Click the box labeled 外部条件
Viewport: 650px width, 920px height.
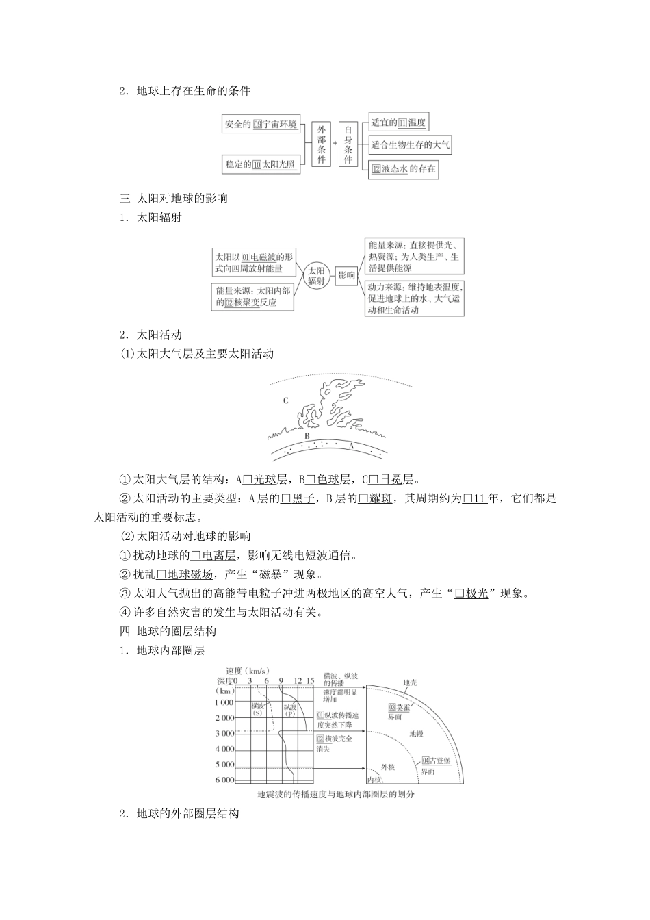tap(322, 144)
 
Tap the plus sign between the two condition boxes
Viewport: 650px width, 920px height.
tap(335, 143)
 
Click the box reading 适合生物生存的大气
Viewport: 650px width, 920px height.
tap(410, 145)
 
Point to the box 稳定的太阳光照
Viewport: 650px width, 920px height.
tap(261, 164)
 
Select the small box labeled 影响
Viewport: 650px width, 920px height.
tap(346, 276)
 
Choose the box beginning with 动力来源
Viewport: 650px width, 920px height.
tap(414, 298)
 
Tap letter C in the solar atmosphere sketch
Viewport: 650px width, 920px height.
tap(285, 400)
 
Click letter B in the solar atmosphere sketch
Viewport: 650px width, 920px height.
tap(307, 435)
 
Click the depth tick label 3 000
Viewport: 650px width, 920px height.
tap(224, 733)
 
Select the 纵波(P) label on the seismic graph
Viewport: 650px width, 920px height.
tap(290, 709)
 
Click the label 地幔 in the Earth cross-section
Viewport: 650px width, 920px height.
tap(416, 734)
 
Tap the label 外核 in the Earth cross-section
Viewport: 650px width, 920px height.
tap(388, 767)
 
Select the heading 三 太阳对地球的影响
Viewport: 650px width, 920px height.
tap(174, 199)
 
